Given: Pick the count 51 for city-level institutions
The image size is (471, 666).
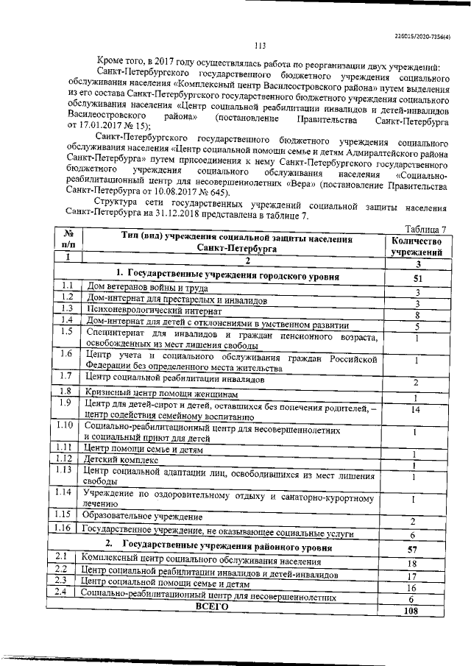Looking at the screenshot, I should tap(417, 277).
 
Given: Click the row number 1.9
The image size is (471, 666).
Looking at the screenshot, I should tap(65, 403).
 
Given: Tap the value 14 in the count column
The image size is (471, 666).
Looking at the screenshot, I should tap(417, 410).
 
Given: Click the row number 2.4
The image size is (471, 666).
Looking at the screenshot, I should tap(62, 592).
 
